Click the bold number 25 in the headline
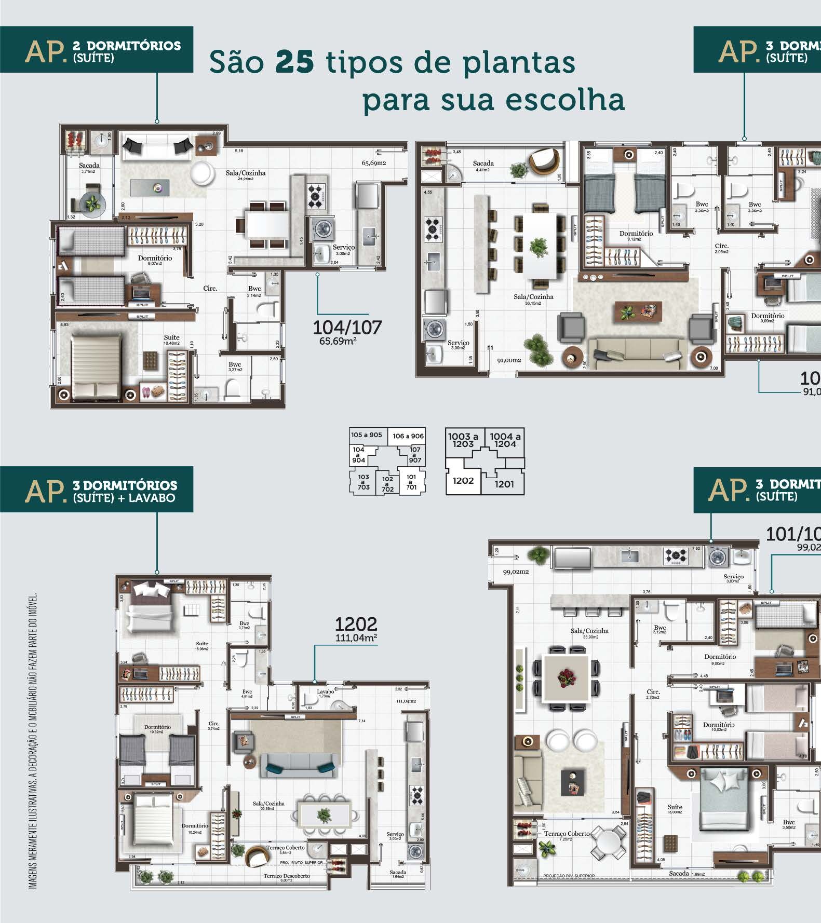pos(294,62)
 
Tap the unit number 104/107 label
pos(347,328)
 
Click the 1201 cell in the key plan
pos(504,484)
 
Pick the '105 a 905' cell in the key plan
pos(366,435)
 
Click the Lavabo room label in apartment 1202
pos(325,691)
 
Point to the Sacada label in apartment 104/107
pos(89,166)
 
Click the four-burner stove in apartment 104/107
pos(316,196)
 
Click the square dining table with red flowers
pos(565,677)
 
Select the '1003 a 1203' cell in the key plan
pos(463,440)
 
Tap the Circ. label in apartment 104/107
pos(210,289)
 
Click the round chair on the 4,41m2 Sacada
pos(545,164)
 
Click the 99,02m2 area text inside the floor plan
pos(516,572)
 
